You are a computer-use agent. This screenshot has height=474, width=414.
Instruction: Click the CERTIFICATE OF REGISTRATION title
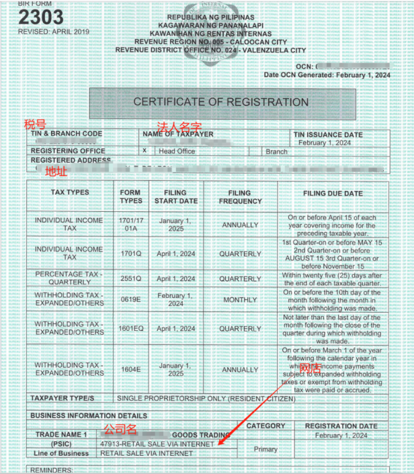pos(220,102)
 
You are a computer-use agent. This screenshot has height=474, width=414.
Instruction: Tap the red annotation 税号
pos(35,124)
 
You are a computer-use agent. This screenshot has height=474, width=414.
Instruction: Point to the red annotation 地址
pos(56,171)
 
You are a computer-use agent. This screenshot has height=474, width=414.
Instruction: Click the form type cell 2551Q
pos(130,278)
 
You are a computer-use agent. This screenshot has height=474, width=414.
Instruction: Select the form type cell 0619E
pos(130,299)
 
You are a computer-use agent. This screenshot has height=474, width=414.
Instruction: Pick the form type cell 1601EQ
pos(130,329)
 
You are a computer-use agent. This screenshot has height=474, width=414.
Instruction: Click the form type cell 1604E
pos(130,369)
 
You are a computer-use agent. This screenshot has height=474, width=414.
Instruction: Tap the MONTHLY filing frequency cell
pos(240,299)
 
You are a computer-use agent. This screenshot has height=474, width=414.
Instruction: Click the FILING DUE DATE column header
pos(333,194)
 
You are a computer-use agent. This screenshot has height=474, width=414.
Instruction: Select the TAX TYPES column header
pos(70,192)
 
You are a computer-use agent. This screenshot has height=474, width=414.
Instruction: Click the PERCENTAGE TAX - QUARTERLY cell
pos(70,278)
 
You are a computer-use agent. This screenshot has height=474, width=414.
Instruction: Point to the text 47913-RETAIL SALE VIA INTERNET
pos(157,444)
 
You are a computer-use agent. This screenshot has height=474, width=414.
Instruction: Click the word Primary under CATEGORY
pos(265,448)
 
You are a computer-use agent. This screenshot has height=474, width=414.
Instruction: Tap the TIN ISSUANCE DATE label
pos(329,134)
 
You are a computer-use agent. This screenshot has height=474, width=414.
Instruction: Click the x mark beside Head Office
pos(144,151)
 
